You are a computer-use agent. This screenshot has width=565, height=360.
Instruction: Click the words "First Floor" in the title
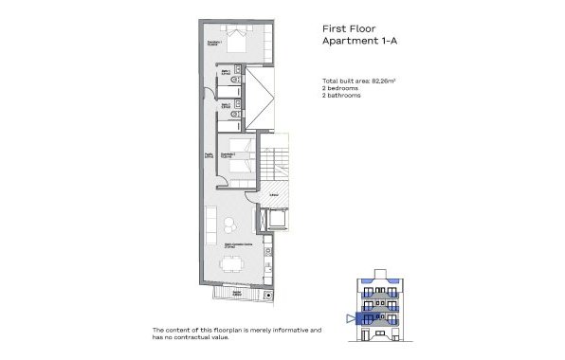coord(348,28)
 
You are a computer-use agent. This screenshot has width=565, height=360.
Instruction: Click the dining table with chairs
coord(228,266)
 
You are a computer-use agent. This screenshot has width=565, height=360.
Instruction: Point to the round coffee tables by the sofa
coord(230,225)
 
